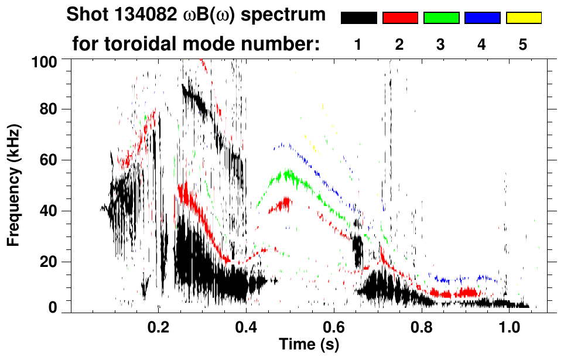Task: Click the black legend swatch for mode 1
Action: [x=359, y=18]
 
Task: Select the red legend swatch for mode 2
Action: [x=400, y=18]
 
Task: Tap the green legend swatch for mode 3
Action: [x=441, y=18]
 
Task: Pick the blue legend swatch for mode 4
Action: [x=482, y=18]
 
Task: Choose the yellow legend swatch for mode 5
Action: [x=523, y=18]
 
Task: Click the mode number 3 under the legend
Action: [x=440, y=46]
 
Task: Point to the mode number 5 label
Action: [x=523, y=46]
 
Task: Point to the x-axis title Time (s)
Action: [x=309, y=345]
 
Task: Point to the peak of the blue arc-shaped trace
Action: [x=283, y=144]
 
